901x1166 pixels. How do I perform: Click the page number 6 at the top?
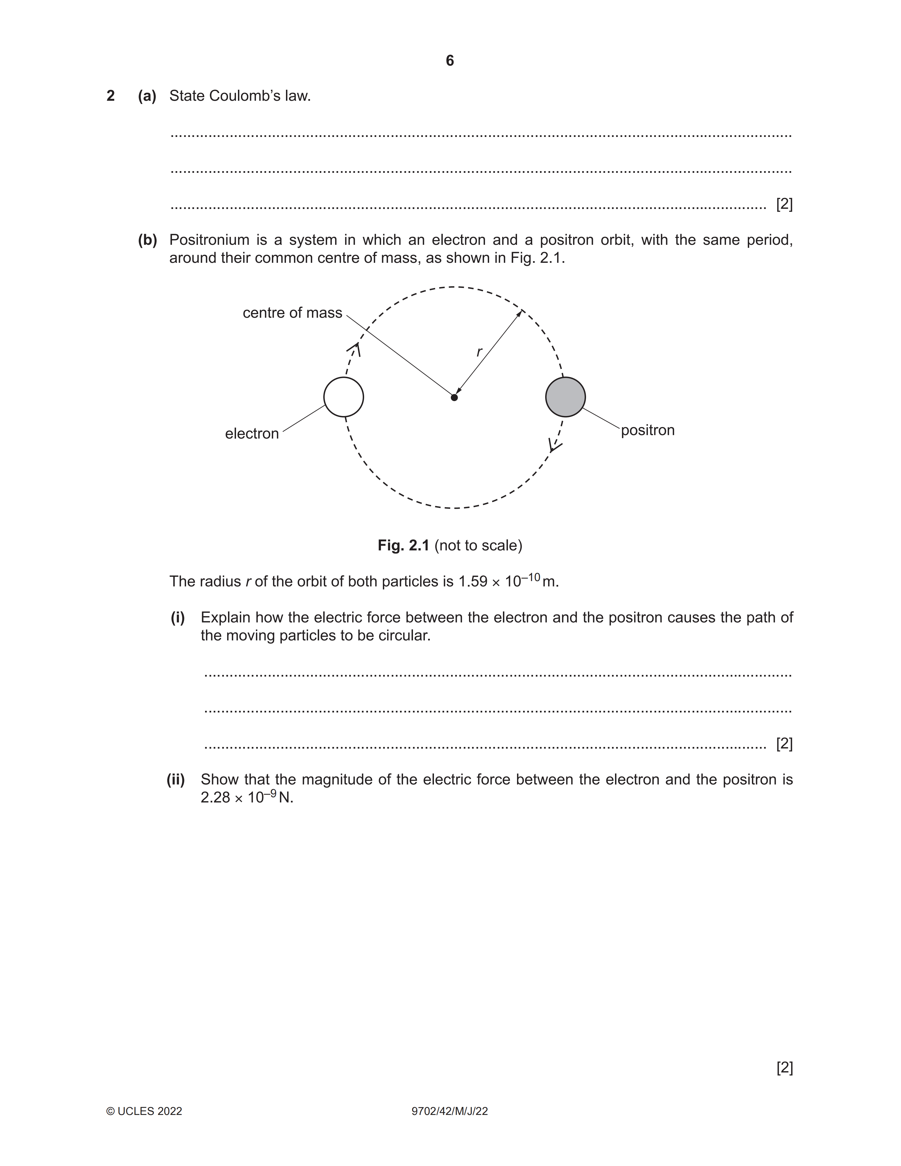[450, 61]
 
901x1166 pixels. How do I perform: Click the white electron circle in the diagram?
[344, 397]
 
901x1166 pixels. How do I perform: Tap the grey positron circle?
[565, 397]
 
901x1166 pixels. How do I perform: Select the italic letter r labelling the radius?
[479, 352]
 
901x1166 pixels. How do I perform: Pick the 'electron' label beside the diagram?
[252, 433]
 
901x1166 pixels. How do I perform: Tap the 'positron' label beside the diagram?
[648, 430]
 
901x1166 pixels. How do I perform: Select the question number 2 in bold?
[110, 96]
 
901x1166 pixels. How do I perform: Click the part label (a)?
[147, 96]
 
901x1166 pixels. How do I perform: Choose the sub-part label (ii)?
[176, 780]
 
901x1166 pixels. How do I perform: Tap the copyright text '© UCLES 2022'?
[144, 1112]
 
